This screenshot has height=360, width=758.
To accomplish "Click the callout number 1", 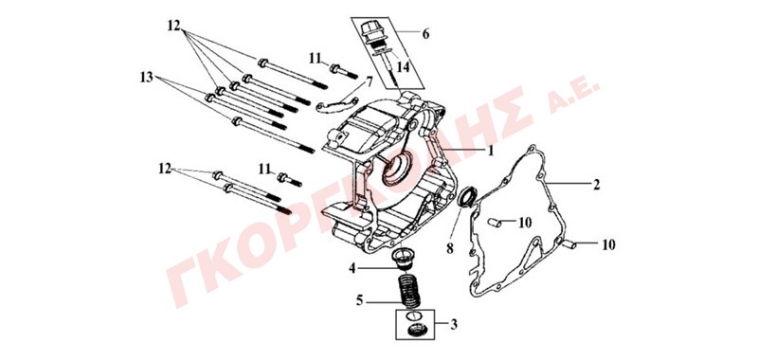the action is click(x=490, y=152).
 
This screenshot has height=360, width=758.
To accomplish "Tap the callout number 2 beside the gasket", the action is click(x=597, y=184).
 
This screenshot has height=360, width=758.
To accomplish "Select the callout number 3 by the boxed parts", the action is click(x=453, y=324).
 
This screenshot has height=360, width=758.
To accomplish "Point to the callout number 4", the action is click(x=352, y=268).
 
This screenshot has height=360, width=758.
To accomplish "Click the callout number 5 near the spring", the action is click(x=359, y=300).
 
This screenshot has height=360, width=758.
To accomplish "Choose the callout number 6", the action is click(x=425, y=34).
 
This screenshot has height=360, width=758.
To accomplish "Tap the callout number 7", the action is click(x=370, y=81).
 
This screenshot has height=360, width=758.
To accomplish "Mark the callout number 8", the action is click(x=449, y=248).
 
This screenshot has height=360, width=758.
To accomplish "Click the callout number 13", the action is click(x=147, y=78).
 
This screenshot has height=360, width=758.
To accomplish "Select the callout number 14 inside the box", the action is click(x=404, y=66).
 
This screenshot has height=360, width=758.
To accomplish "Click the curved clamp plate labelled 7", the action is click(x=337, y=104).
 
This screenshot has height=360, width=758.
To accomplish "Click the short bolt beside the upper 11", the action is click(x=344, y=71).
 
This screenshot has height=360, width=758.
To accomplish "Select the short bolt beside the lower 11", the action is click(x=290, y=180).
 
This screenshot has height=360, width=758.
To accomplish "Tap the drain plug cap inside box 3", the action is click(x=415, y=332).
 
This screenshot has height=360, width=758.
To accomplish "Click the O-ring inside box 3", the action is click(x=412, y=315).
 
